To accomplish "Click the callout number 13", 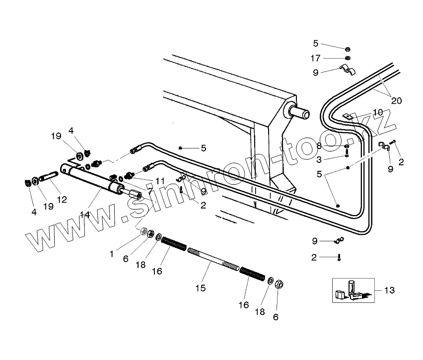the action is click(x=389, y=290).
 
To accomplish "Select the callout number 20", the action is click(x=396, y=101).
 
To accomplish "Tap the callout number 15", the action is click(x=201, y=288).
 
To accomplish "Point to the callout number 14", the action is click(x=85, y=215).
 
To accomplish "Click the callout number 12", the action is click(x=62, y=200).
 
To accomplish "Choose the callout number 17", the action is click(x=315, y=58).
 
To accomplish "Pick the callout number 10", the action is click(x=378, y=112).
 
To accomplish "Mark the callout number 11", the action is click(x=160, y=181).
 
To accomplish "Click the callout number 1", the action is click(x=111, y=254).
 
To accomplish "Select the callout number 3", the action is click(x=319, y=160).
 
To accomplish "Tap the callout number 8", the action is click(x=319, y=146).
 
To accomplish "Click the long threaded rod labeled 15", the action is click(x=213, y=259).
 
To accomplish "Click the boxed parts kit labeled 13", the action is click(x=353, y=290).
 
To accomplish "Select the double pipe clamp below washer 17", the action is click(x=348, y=70).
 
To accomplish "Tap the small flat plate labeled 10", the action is click(x=348, y=117).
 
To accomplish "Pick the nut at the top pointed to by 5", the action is click(x=348, y=49).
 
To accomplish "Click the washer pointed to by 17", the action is click(x=348, y=58).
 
